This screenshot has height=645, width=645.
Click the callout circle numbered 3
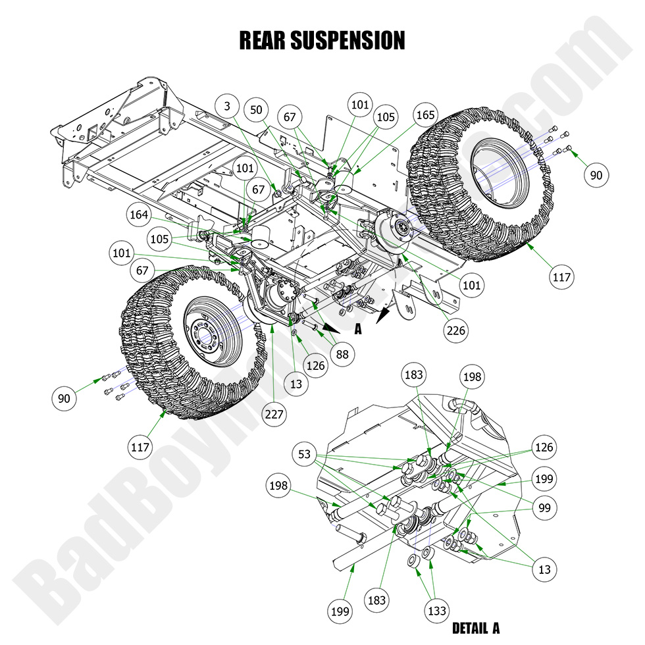pyautogui.click(x=227, y=106)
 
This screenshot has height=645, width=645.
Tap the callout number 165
pyautogui.click(x=425, y=114)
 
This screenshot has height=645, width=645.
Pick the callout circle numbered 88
pyautogui.click(x=342, y=354)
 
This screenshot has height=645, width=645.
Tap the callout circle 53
pyautogui.click(x=304, y=455)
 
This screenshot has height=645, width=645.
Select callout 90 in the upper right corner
pyautogui.click(x=596, y=175)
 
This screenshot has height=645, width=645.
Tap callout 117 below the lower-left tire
pyautogui.click(x=141, y=447)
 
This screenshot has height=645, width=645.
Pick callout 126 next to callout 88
pyautogui.click(x=315, y=365)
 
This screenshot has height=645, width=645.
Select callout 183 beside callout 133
pyautogui.click(x=377, y=600)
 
